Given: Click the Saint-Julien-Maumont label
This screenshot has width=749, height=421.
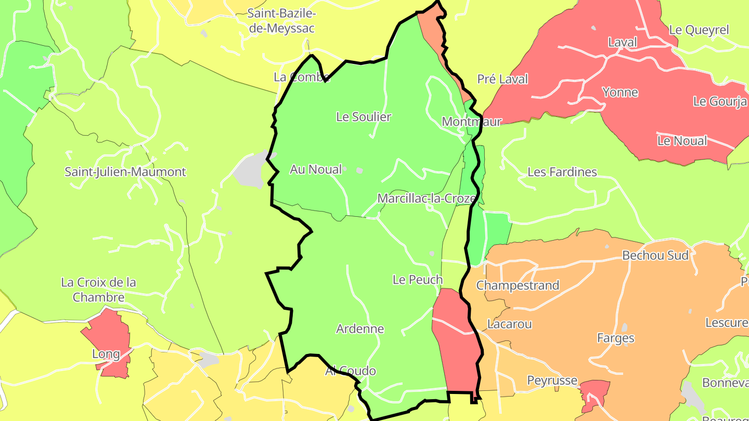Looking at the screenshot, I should pos(125,172).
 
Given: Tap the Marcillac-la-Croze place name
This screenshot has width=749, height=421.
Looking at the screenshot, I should pos(427,199).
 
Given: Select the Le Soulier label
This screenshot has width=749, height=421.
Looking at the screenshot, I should pos(364,117).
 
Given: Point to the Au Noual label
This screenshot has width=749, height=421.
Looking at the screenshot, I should pos(316,169).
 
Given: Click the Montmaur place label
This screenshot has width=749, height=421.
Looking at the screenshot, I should pos(471,122).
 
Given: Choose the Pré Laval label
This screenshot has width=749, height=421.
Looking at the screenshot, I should pos(502,79).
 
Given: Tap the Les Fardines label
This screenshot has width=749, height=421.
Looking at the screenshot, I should pos(562,172).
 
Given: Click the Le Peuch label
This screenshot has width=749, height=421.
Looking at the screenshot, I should pos(418,280).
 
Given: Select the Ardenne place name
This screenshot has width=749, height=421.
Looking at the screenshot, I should pos(360,328).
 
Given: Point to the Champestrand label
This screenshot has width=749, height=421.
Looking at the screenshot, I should pos(518,285).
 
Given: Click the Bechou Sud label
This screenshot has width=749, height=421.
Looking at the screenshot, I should pos(655,255).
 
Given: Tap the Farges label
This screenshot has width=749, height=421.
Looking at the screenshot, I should pos(615,338).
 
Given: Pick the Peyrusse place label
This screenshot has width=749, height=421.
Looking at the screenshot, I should pos(552,380).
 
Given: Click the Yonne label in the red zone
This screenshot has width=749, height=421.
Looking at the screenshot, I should pos(620,93).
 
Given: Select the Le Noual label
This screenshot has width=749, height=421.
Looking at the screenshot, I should pos(682,141).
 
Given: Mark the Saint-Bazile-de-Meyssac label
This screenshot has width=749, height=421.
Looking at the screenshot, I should pos(282,21).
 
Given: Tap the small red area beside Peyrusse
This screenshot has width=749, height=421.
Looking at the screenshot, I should pos(596,392).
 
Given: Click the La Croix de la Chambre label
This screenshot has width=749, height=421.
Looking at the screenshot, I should pos(99,290).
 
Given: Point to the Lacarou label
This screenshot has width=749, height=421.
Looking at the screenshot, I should pos(509,324).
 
